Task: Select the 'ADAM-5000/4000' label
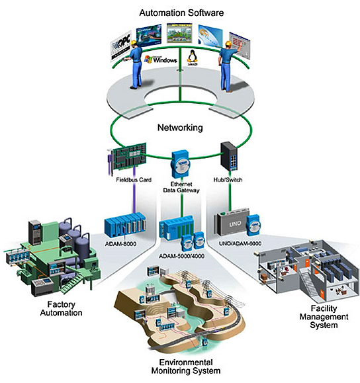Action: tap(179, 255)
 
